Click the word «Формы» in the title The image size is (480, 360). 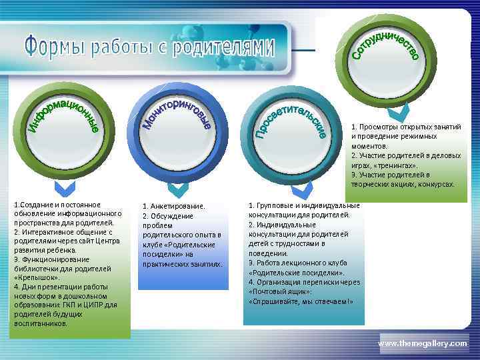(54, 47)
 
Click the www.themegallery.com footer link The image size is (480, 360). (423, 343)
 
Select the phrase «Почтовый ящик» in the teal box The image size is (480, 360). (273, 292)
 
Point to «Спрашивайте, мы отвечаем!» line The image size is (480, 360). (300, 301)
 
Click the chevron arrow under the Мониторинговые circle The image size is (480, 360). (178, 190)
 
